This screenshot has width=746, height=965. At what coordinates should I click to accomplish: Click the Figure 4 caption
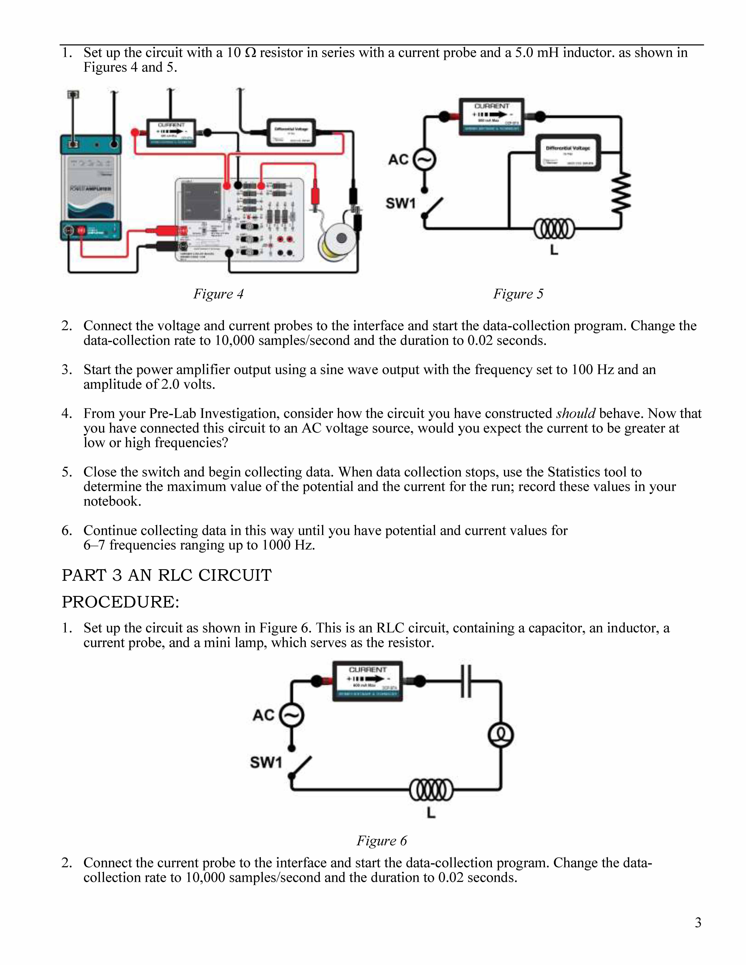click(218, 294)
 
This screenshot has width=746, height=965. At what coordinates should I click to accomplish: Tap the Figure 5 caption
click(518, 294)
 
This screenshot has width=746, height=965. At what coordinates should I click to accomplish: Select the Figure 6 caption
click(381, 840)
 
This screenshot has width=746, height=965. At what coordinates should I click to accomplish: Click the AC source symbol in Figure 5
click(424, 160)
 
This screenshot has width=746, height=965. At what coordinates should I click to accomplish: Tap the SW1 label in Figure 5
click(400, 203)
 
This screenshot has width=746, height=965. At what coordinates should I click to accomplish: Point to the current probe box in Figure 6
click(367, 681)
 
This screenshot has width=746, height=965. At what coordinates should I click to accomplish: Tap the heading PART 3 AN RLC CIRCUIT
click(167, 575)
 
